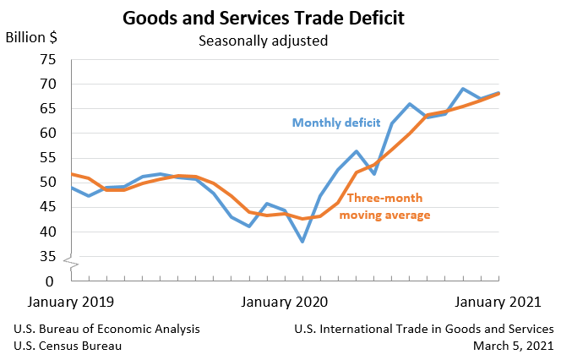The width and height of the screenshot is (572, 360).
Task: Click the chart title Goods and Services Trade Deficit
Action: pyautogui.click(x=263, y=17)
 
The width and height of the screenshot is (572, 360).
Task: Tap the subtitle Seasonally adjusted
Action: pyautogui.click(x=263, y=40)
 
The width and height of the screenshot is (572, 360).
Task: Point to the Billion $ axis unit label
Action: pyautogui.click(x=32, y=37)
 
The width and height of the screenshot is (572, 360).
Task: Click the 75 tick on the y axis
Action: pyautogui.click(x=46, y=59)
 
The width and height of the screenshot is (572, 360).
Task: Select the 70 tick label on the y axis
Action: pyautogui.click(x=46, y=84)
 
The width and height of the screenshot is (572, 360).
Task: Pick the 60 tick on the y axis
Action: pyautogui.click(x=46, y=134)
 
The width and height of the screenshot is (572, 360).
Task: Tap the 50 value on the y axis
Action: pyautogui.click(x=46, y=183)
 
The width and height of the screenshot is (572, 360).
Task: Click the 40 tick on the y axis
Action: pyautogui.click(x=46, y=232)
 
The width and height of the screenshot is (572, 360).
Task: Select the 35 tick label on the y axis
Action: pyautogui.click(x=46, y=256)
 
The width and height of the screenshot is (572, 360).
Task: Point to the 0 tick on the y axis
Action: pyautogui.click(x=50, y=281)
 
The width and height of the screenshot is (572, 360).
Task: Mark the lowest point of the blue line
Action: pyautogui.click(x=302, y=242)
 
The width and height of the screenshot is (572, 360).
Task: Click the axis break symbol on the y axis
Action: pyautogui.click(x=72, y=267)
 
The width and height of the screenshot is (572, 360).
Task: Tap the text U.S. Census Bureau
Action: pyautogui.click(x=68, y=346)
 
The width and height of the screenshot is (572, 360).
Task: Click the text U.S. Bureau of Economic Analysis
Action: pyautogui.click(x=106, y=329)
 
